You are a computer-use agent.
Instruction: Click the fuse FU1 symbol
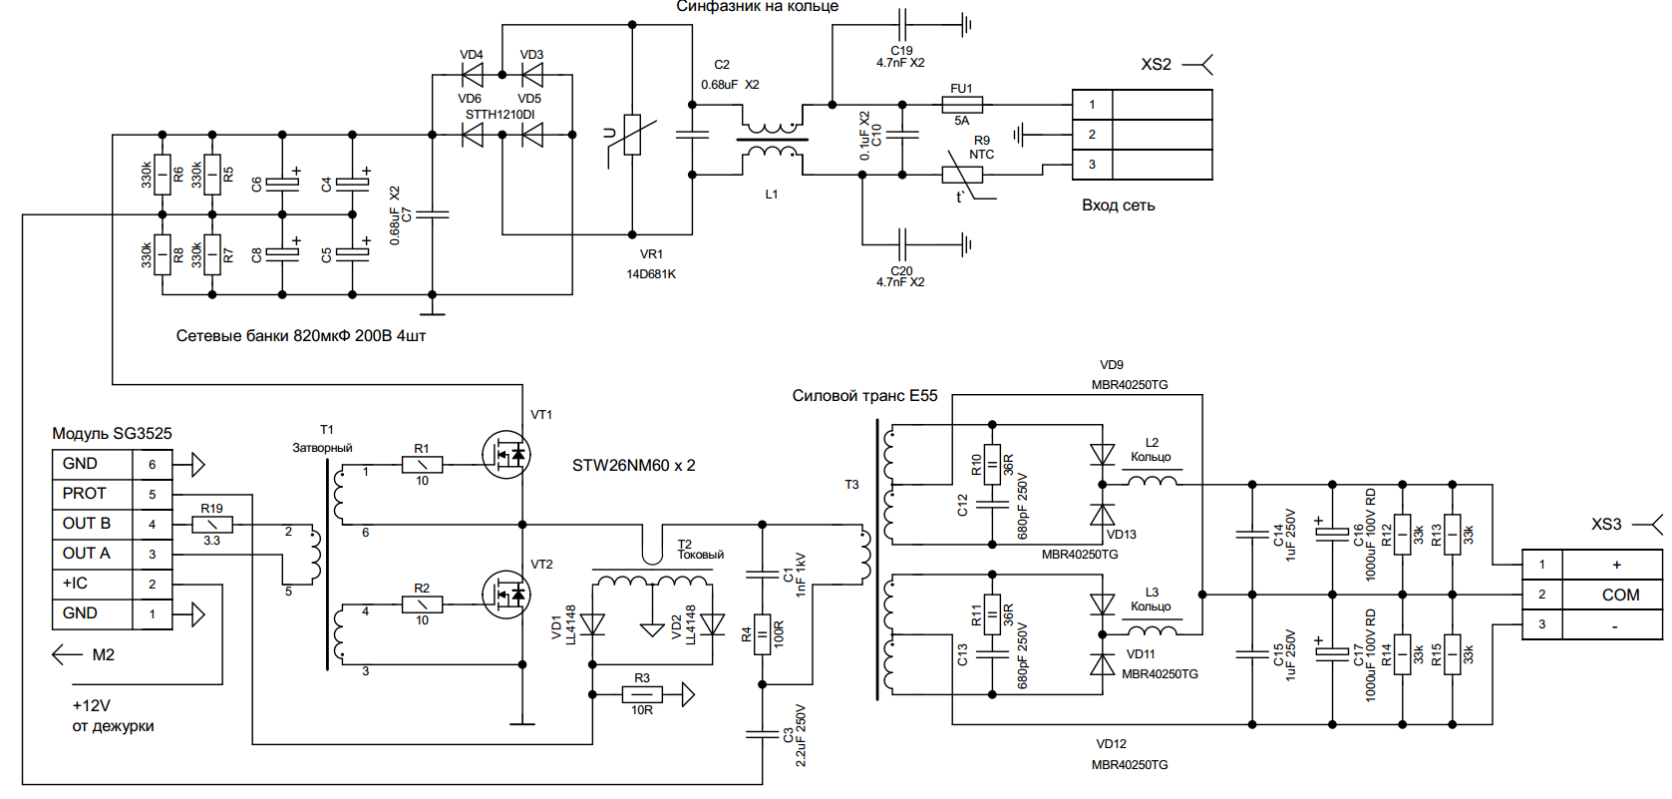962,104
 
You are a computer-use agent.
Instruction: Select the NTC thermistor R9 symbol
962,175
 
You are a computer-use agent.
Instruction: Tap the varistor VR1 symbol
632,135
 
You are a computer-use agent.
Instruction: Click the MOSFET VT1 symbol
505,455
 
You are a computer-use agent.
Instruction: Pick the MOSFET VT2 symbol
505,595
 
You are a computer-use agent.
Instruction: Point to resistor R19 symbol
212,524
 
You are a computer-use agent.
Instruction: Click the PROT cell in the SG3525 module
84,494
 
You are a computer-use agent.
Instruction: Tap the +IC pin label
76,584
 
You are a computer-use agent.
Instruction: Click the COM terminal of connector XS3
1620,595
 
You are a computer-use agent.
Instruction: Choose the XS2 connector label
1157,65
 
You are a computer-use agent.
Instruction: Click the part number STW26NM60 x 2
634,466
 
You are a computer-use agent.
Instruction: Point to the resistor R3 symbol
642,694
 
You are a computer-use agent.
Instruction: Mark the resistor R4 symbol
763,634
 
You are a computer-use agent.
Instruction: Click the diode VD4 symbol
472,75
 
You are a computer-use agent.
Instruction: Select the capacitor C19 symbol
902,24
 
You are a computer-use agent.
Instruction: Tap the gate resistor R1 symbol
422,464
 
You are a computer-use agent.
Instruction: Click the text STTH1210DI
500,115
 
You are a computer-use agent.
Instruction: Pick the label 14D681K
651,274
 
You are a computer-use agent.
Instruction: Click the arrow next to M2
67,654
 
